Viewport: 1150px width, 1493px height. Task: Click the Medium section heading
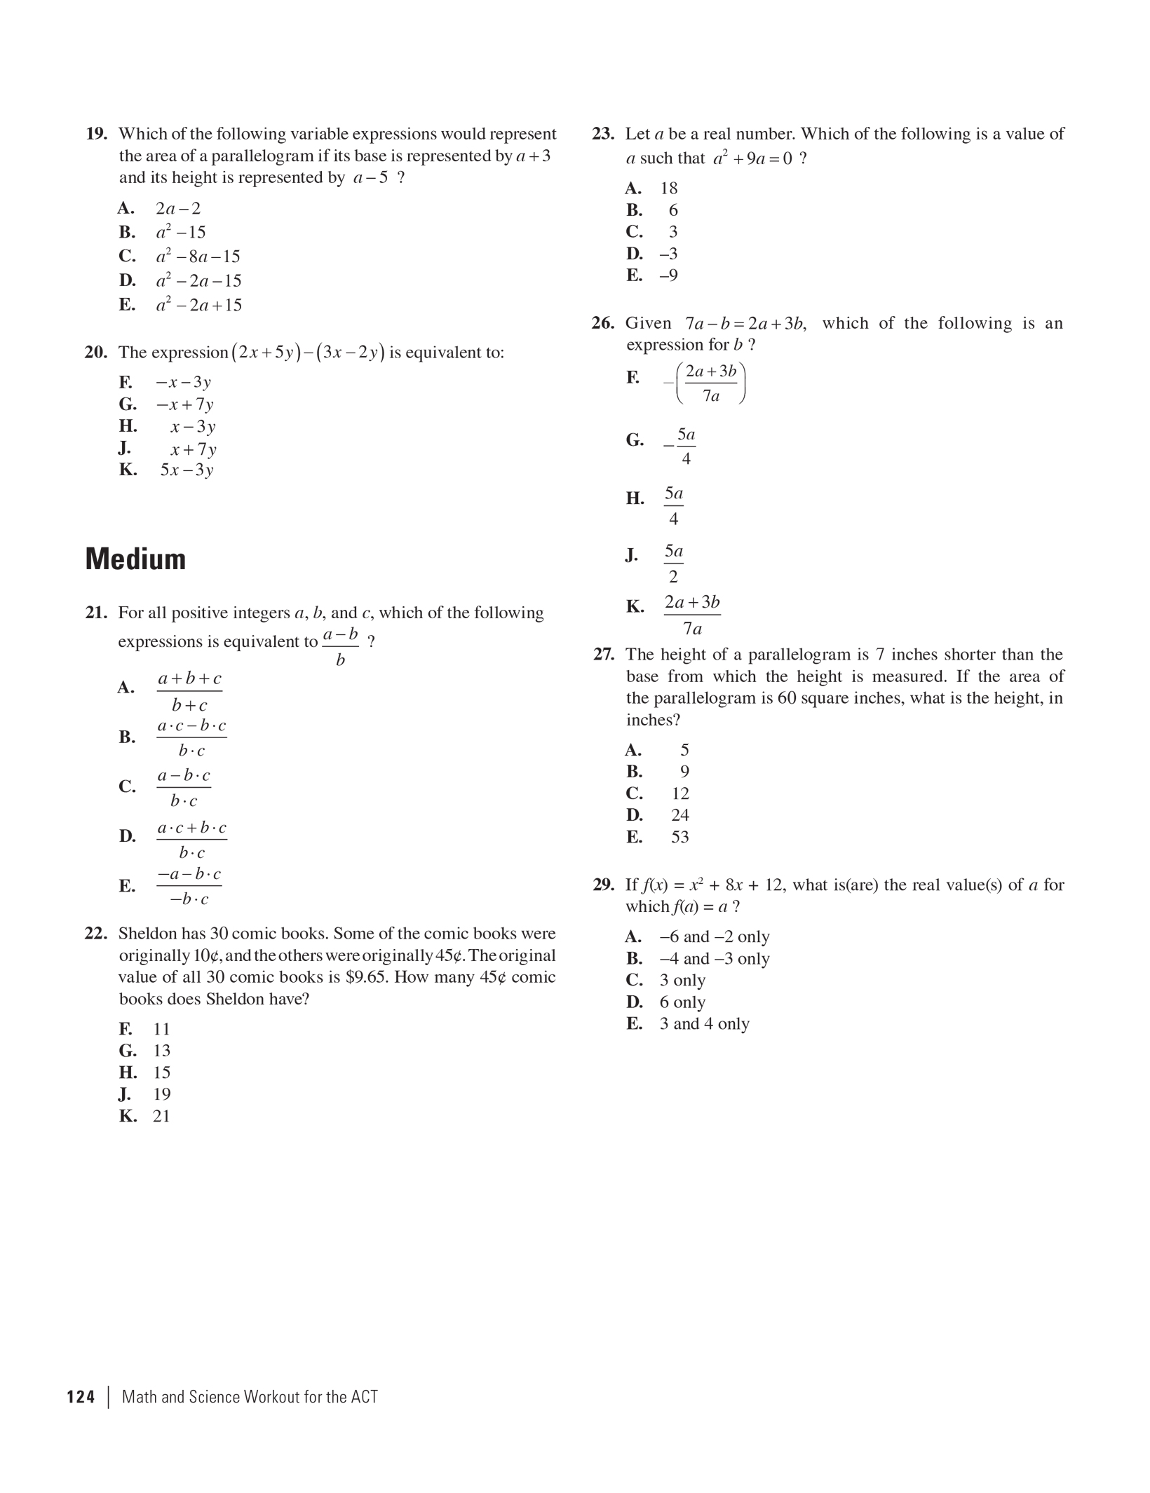pyautogui.click(x=135, y=559)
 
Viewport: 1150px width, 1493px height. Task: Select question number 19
pyautogui.click(x=96, y=134)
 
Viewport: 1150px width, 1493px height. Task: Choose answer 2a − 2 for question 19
pyautogui.click(x=178, y=208)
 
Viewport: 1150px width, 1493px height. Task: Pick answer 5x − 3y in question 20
pyautogui.click(x=187, y=470)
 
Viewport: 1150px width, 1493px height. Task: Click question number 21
pyautogui.click(x=96, y=613)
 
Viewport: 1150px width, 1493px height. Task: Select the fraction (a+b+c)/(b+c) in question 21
pyautogui.click(x=189, y=691)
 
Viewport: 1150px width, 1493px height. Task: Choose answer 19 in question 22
pyautogui.click(x=162, y=1094)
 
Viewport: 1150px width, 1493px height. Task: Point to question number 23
pyautogui.click(x=603, y=134)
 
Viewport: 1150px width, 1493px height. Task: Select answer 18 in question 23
pyautogui.click(x=669, y=189)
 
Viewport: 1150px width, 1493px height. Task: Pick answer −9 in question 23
pyautogui.click(x=668, y=275)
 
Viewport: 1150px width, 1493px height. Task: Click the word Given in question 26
pyautogui.click(x=648, y=323)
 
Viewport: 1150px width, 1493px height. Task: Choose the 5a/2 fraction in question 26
pyautogui.click(x=673, y=564)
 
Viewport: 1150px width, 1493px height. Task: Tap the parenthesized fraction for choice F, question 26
pyautogui.click(x=710, y=383)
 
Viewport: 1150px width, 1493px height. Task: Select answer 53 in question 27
pyautogui.click(x=680, y=837)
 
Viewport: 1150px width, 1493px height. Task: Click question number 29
pyautogui.click(x=603, y=885)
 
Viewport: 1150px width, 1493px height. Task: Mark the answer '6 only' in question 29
pyautogui.click(x=682, y=1002)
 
